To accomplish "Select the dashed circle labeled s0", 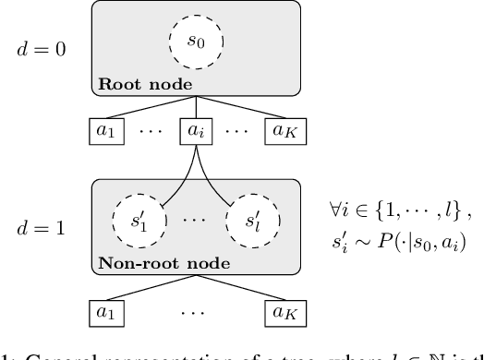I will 198,41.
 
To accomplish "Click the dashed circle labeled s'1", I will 135,223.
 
